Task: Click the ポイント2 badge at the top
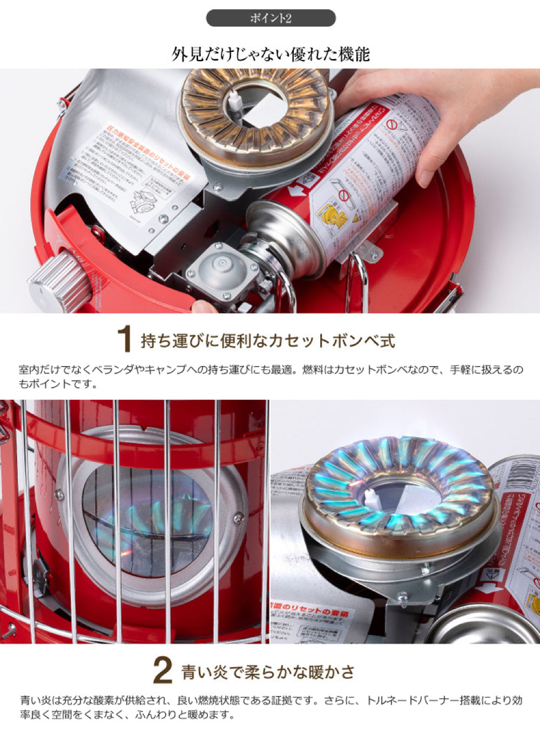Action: (x=271, y=18)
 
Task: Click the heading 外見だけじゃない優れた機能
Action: (x=271, y=54)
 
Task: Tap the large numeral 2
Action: (x=163, y=671)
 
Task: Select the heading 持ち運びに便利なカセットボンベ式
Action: (x=268, y=341)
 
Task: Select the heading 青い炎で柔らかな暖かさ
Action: (x=268, y=672)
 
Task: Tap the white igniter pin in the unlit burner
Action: (x=234, y=101)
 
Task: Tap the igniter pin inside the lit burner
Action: (x=371, y=495)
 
